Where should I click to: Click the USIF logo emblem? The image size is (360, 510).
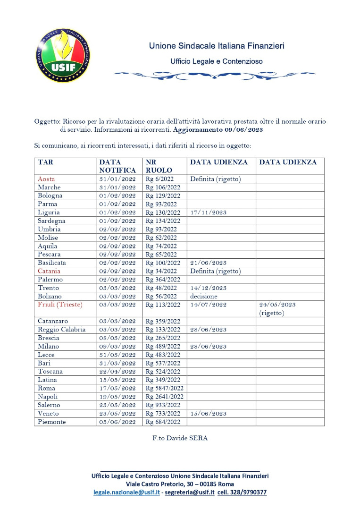64,56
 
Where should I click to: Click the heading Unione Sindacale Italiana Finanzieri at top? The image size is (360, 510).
216,46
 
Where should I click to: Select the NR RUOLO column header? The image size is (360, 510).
159,166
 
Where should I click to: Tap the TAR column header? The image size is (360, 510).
45,162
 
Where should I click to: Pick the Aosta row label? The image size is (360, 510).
46,178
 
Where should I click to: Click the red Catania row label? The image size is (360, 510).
49,271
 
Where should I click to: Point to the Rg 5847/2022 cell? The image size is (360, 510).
165,388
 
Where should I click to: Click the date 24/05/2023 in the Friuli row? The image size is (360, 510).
277,305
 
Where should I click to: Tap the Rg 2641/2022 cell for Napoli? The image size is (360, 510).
165,397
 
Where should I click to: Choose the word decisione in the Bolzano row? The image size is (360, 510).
204,296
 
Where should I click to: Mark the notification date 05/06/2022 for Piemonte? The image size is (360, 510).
117,422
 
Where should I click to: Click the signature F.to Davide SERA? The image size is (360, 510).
180,438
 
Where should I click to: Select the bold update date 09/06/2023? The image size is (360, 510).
243,129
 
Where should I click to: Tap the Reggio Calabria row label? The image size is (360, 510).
62,330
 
